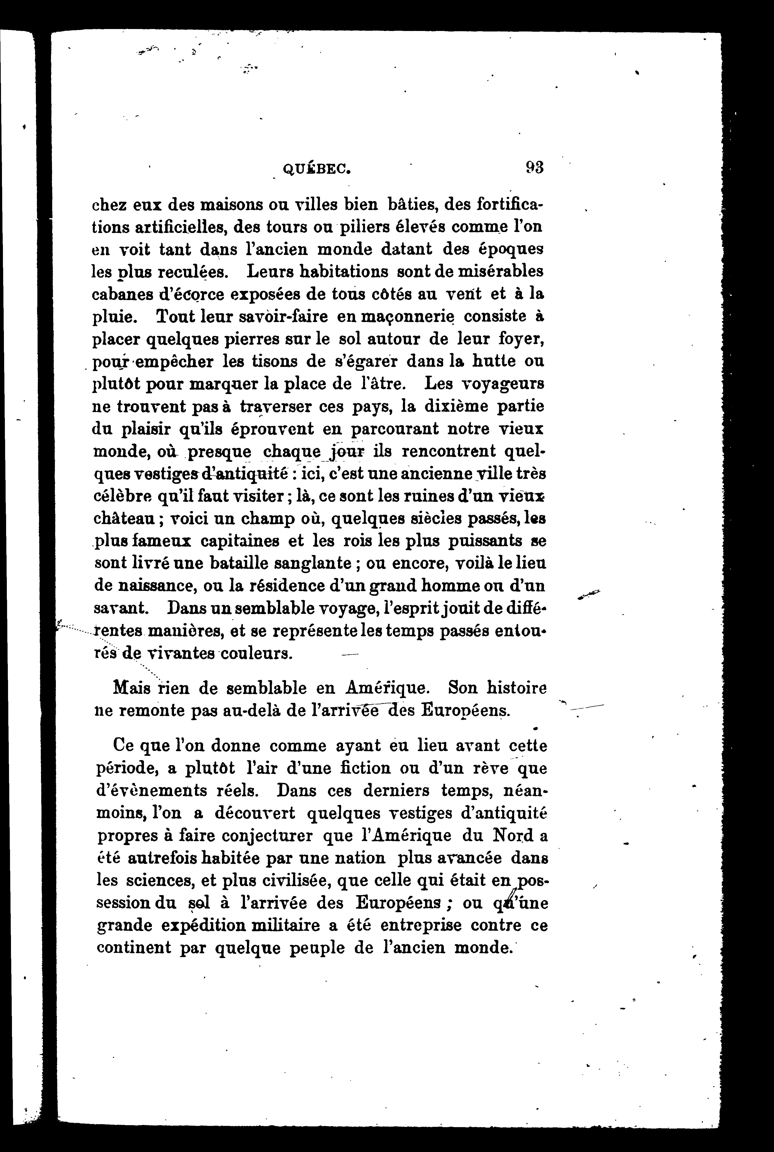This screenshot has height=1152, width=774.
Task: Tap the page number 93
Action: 534,168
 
